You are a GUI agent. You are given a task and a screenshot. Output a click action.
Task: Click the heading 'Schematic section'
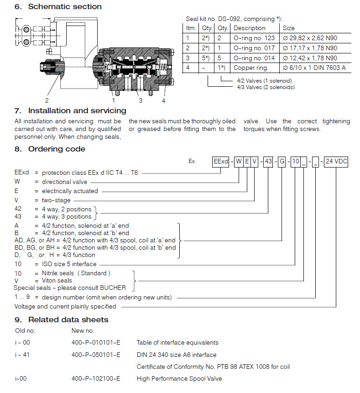(x=65, y=6)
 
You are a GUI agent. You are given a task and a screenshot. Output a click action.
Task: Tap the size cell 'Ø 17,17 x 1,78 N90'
(x=310, y=48)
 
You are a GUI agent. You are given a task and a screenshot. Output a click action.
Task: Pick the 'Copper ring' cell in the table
(x=249, y=68)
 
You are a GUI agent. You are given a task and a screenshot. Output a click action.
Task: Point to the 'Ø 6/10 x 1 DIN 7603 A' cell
(x=314, y=68)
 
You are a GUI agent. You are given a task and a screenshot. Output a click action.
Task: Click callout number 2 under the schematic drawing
(x=47, y=100)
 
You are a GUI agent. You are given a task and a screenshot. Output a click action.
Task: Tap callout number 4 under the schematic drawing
(x=164, y=100)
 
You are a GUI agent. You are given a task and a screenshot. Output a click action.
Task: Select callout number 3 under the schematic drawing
(x=141, y=100)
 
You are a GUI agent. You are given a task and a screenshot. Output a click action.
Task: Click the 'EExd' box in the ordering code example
(x=220, y=162)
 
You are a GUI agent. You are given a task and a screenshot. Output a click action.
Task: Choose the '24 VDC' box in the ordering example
(x=336, y=162)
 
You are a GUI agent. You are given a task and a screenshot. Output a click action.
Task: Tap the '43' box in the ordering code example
(x=269, y=162)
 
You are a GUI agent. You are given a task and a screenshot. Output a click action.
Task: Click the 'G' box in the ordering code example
(x=282, y=162)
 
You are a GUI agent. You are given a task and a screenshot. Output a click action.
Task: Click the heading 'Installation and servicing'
(x=77, y=110)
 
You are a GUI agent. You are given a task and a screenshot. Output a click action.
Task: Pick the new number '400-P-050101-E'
(x=96, y=355)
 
